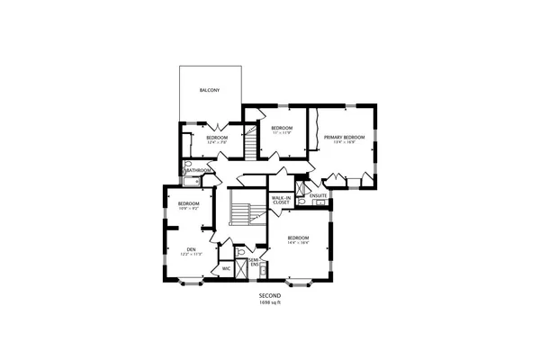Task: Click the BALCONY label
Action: pos(211,91)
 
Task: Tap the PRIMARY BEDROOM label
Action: pos(345,137)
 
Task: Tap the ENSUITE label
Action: pos(318,195)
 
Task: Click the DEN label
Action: pos(191,248)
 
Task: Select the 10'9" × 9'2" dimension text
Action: pos(188,209)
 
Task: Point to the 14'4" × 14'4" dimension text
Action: pos(299,243)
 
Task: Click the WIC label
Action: pos(227,268)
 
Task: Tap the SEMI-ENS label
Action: pos(255,263)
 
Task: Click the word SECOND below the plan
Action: pos(270,296)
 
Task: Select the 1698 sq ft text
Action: pos(270,302)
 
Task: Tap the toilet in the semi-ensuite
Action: pos(240,253)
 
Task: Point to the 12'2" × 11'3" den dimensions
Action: pos(191,255)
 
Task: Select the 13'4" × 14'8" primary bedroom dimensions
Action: pos(345,142)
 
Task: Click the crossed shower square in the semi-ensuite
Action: pos(240,269)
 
